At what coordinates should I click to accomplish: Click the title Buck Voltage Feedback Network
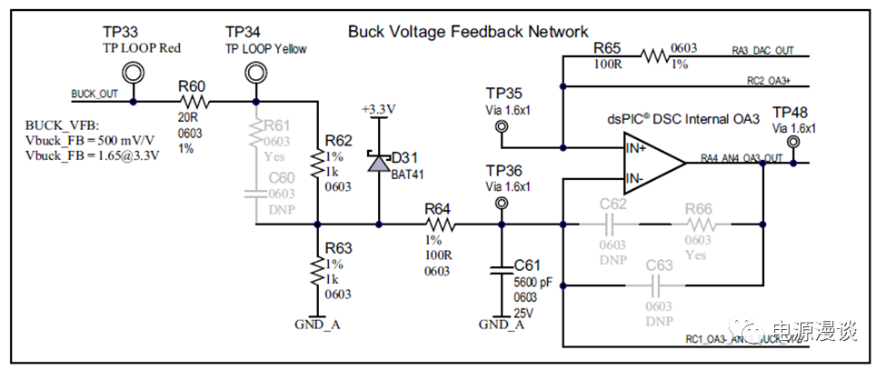point(468,32)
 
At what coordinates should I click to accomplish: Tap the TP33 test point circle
point(134,72)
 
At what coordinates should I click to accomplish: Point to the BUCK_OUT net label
point(94,95)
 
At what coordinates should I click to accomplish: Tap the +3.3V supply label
point(377,109)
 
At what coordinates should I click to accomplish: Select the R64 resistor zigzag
point(439,224)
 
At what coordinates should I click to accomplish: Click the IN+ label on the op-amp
point(636,147)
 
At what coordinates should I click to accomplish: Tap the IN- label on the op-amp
point(635,177)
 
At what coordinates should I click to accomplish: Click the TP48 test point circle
point(793,143)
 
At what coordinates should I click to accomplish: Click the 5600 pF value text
point(533,283)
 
